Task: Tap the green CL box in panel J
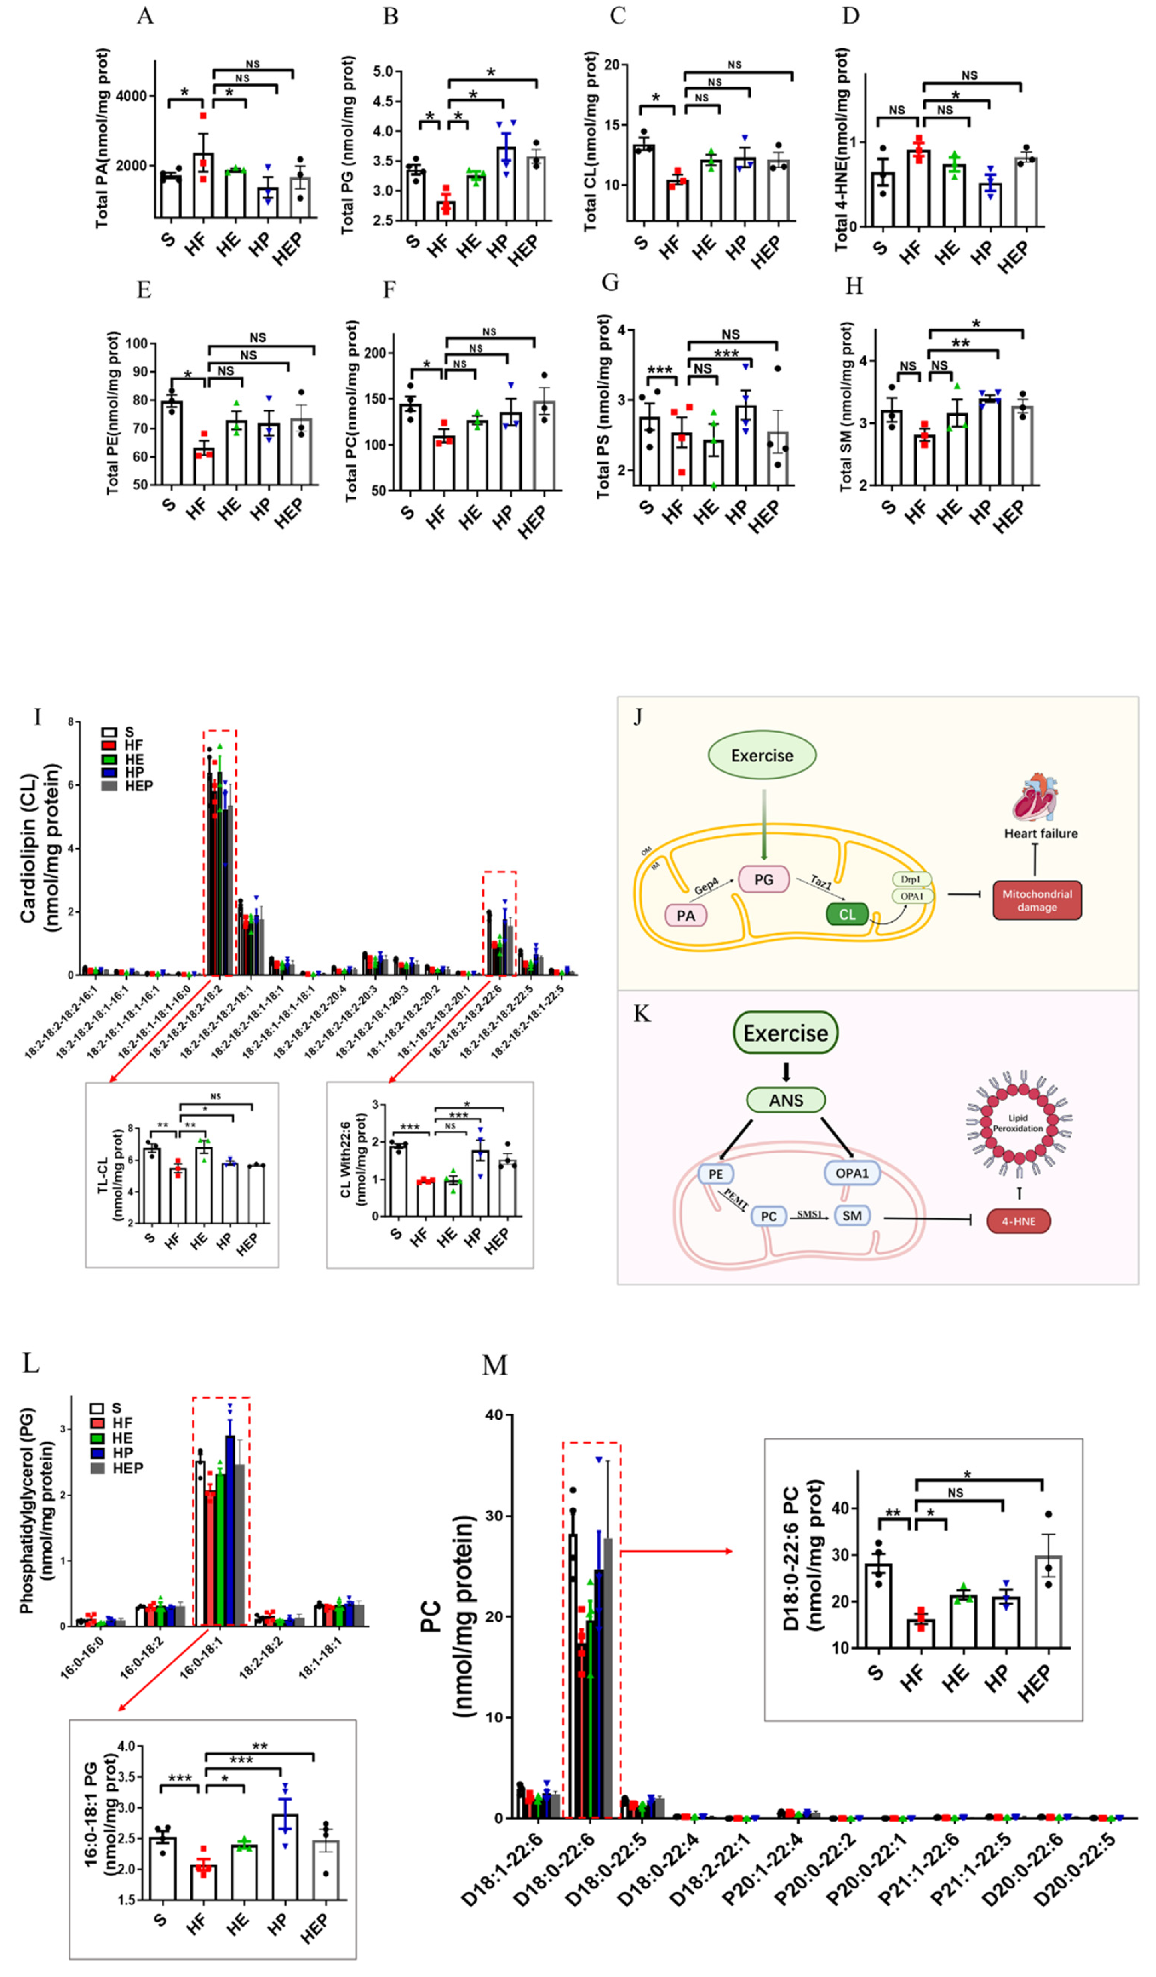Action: [x=847, y=914]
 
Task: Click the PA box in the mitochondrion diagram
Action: [x=686, y=915]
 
